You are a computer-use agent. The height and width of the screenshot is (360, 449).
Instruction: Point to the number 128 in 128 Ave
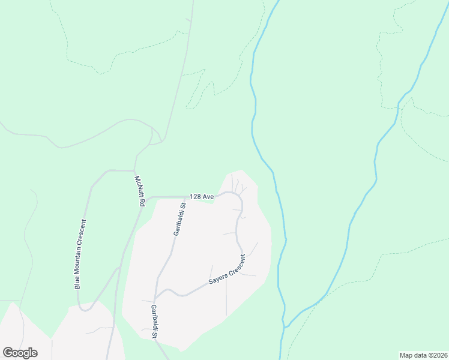(195, 196)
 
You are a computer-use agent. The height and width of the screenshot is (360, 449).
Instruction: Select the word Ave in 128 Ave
(208, 196)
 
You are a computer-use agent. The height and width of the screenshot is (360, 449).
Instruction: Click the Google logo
(20, 352)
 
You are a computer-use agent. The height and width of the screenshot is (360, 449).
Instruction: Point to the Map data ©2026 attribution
(423, 355)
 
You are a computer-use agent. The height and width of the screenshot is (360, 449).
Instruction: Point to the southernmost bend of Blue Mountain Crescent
(85, 311)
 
